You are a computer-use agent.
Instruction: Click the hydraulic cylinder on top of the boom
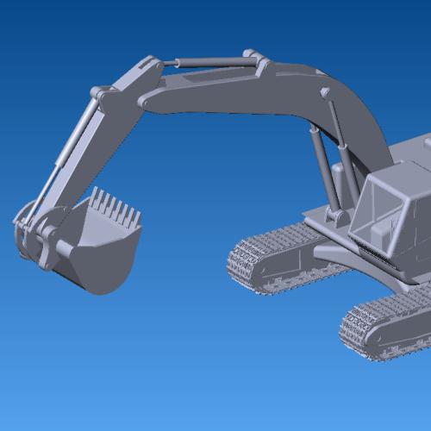(211, 61)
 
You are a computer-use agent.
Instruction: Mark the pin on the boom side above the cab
(326, 93)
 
